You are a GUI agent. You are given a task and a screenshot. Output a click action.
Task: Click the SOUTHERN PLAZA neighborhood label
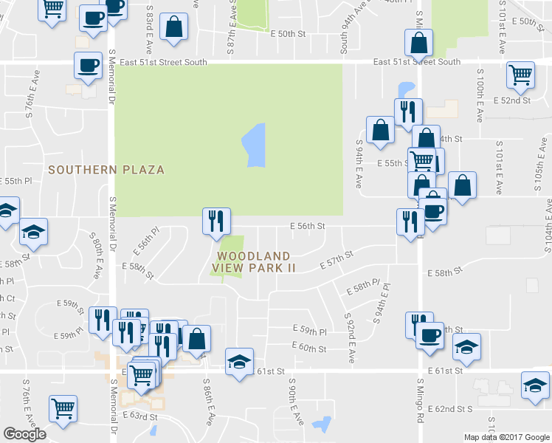(x=106, y=170)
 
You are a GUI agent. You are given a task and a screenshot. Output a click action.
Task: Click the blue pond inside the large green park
(x=253, y=145)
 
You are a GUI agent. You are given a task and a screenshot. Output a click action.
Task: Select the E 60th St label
(x=308, y=348)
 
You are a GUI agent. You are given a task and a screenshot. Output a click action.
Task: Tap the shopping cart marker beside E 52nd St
(x=521, y=75)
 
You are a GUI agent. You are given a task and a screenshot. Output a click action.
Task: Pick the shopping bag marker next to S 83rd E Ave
(x=173, y=28)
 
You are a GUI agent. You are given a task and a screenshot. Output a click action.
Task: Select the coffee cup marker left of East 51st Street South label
(x=88, y=66)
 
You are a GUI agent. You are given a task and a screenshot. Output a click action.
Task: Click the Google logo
(x=24, y=434)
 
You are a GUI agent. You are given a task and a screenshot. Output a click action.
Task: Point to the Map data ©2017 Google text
(x=506, y=437)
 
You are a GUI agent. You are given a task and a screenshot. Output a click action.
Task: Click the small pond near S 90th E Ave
(x=322, y=424)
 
